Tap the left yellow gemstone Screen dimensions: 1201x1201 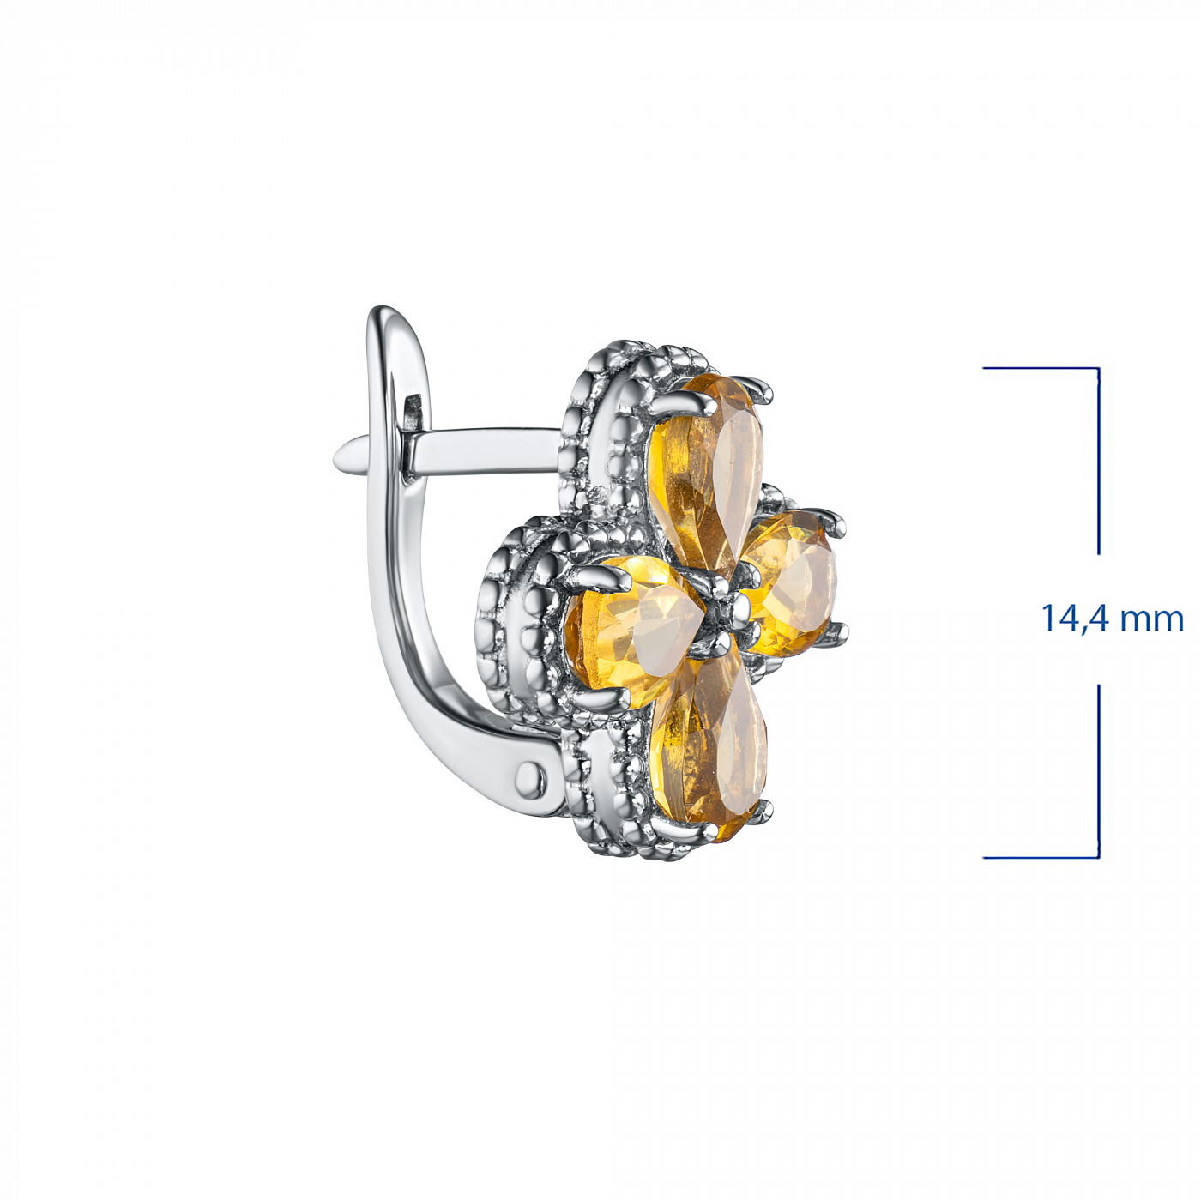pyautogui.click(x=630, y=631)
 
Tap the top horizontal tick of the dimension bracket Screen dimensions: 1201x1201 pyautogui.click(x=1041, y=368)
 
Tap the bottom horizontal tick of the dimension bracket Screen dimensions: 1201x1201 pyautogui.click(x=1041, y=858)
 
